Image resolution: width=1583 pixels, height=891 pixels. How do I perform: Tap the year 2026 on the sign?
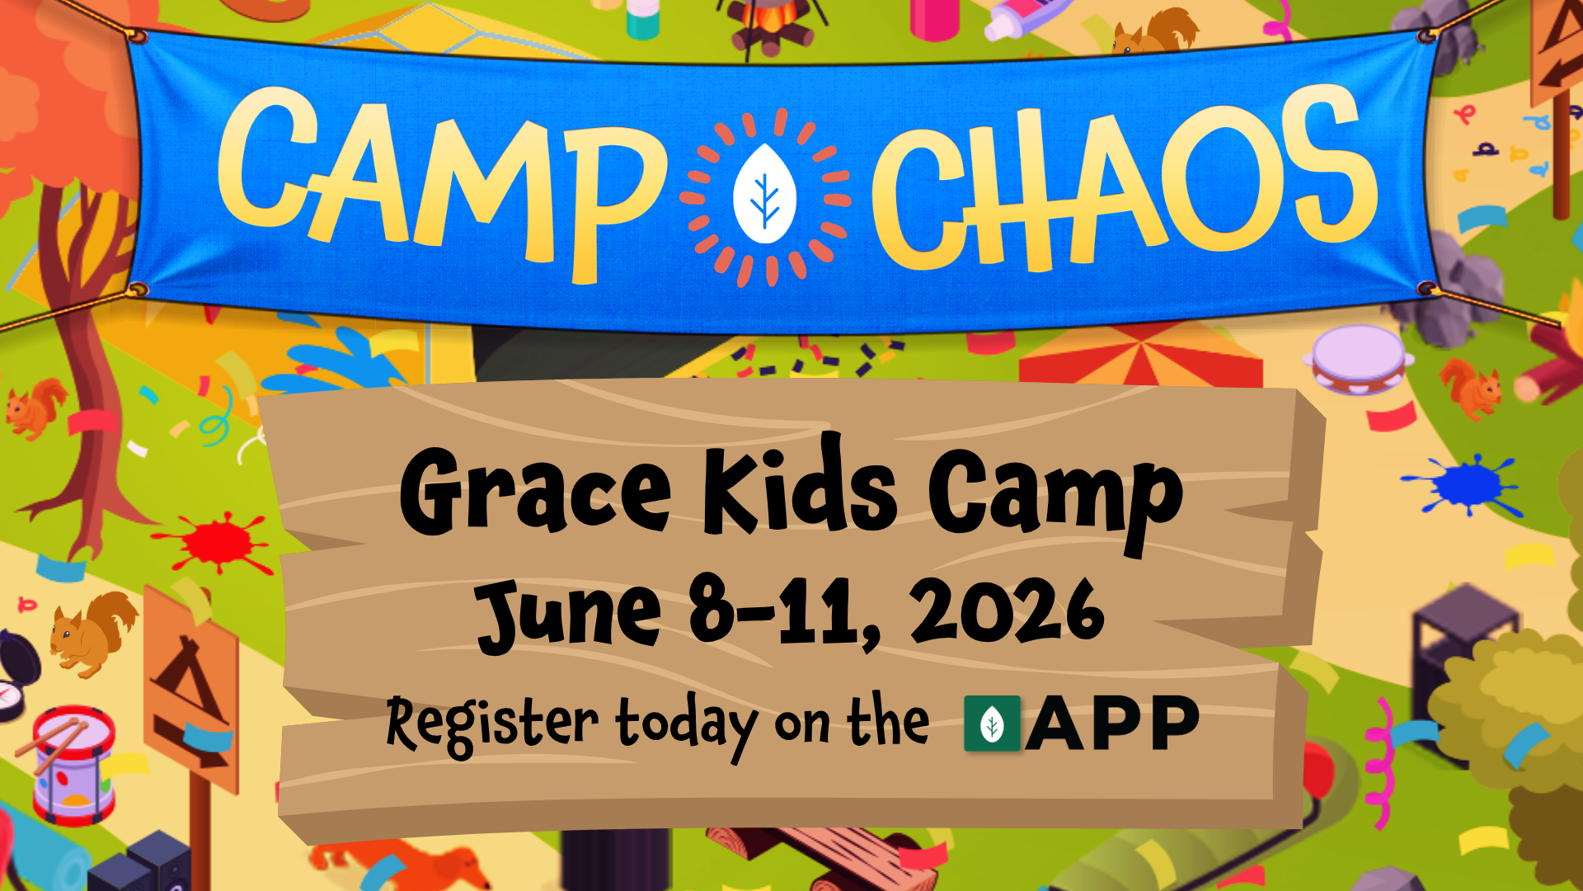click(x=1008, y=610)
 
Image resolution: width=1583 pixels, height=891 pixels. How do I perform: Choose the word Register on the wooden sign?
click(x=492, y=724)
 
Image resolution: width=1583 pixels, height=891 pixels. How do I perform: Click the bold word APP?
click(x=1112, y=723)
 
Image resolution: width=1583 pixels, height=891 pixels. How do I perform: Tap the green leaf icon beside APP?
click(x=993, y=724)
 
